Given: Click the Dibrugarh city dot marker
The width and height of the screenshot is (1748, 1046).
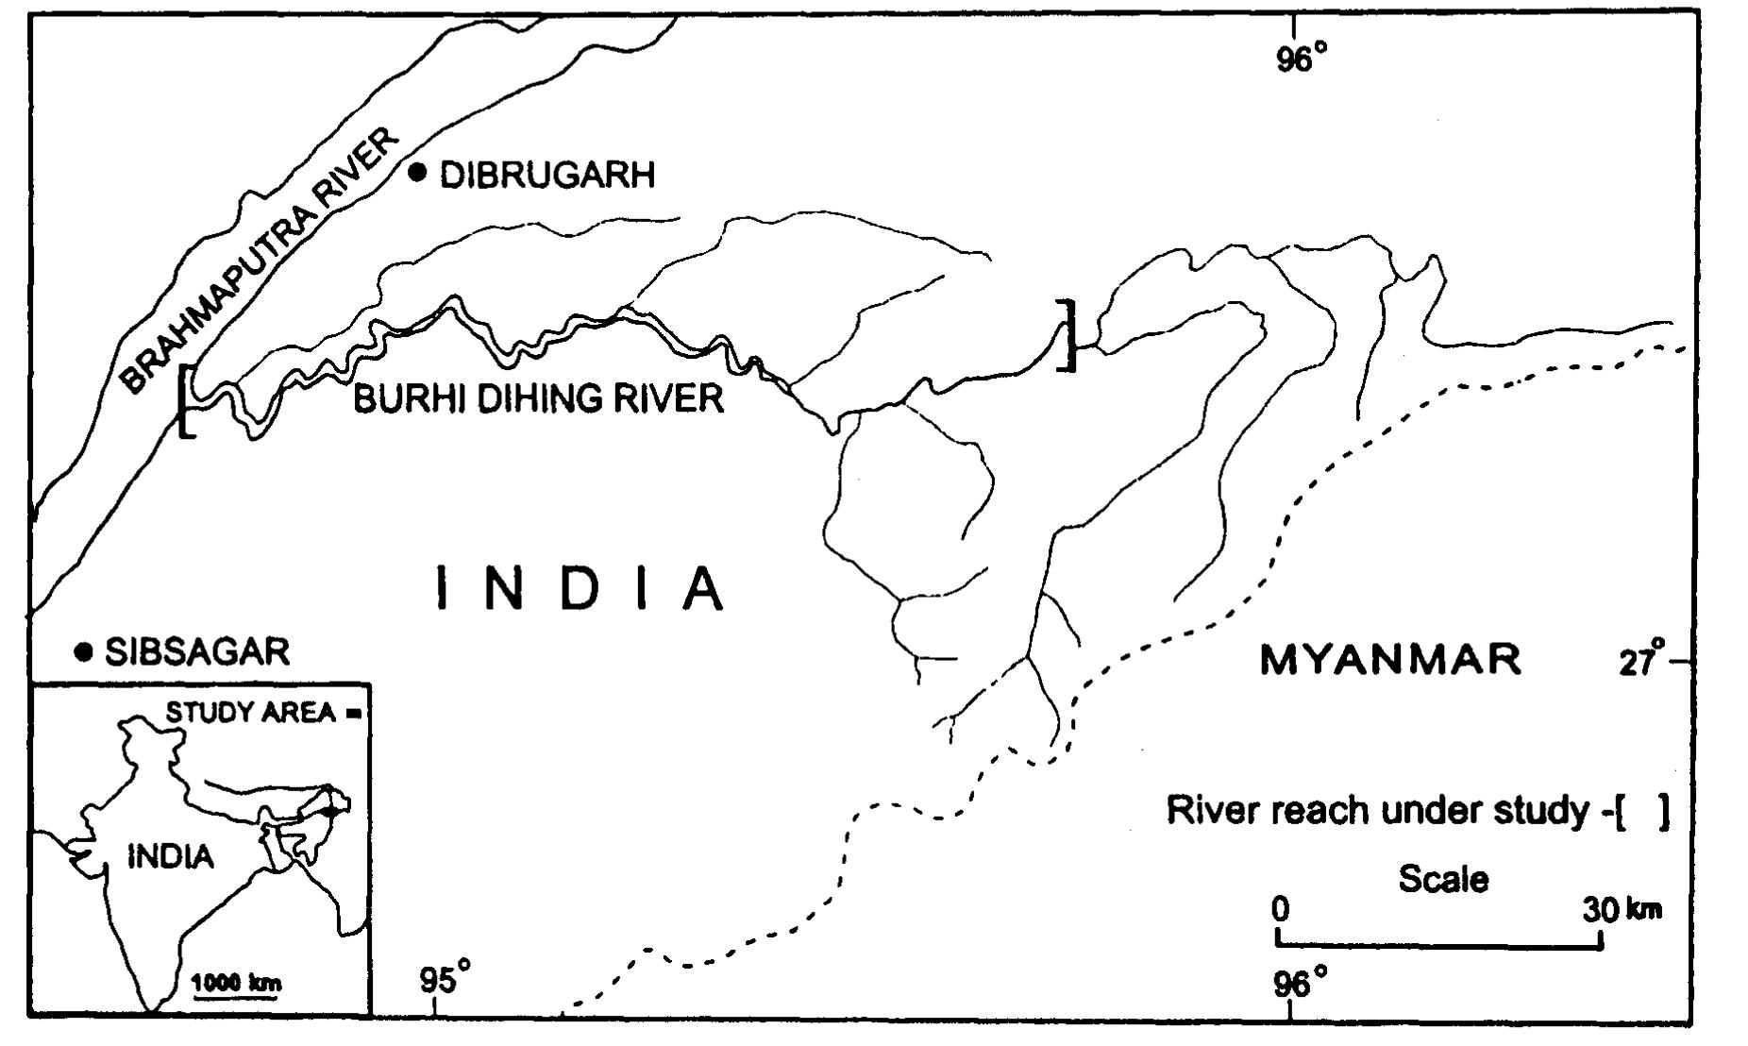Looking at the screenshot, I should pos(418,172).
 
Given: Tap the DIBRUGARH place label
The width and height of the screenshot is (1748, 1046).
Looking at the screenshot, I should pos(547,176).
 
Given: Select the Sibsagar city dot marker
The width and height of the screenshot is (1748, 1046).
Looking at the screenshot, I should pos(84,651).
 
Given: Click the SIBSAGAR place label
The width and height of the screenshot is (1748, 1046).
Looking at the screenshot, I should pos(196,652).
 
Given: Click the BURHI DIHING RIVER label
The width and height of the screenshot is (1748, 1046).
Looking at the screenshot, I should pos(538,398).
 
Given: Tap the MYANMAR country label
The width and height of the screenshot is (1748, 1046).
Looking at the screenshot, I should pos(1391,659).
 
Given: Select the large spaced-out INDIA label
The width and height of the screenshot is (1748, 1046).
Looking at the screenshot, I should pos(580,589).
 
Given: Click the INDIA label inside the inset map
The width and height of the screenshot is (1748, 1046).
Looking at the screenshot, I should pos(171,857).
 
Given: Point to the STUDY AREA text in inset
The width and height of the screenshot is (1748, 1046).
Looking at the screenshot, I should pos(250,712).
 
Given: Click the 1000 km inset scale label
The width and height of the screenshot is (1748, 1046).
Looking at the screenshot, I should pos(236,982).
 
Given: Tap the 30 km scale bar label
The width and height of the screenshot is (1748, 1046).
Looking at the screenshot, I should pos(1622,910).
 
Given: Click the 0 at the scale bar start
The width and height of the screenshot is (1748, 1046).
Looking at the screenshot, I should pos(1279,910).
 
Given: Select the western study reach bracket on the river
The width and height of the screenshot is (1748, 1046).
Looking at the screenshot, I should pos(186,401).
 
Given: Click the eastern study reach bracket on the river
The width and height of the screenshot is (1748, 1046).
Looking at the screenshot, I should pos(1068,335).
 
